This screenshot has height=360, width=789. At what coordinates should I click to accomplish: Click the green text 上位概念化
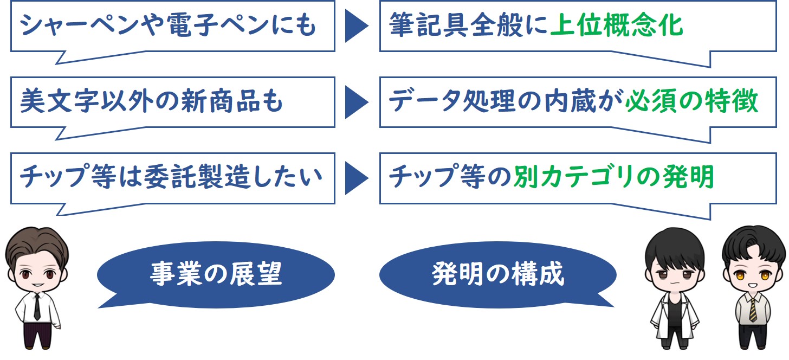617,25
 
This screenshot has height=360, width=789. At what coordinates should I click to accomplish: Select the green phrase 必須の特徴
692,101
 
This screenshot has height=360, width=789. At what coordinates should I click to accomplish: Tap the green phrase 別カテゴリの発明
613,176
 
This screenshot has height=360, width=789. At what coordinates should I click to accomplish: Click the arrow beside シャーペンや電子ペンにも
357,25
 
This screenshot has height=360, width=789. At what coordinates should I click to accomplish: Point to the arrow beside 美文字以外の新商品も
357,102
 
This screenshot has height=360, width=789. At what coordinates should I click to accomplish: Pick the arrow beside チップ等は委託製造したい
357,178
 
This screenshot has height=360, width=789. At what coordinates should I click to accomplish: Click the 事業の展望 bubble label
216,274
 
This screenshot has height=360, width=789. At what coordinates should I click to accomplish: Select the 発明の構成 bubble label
497,274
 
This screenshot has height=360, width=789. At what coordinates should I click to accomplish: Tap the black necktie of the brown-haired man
37,307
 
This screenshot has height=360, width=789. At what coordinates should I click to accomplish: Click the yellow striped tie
753,310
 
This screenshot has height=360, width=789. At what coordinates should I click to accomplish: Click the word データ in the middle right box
425,101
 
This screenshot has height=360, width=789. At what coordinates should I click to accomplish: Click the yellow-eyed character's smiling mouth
752,285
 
